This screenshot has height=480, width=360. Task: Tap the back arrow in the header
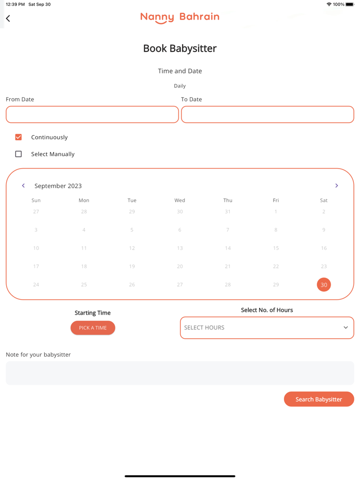tap(8, 19)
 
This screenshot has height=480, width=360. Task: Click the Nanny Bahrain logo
tap(179, 17)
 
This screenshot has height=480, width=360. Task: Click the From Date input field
tap(92, 115)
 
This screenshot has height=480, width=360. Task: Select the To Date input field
tap(267, 115)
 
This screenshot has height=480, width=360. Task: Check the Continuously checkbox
tap(19, 137)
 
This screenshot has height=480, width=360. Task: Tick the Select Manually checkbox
tap(19, 154)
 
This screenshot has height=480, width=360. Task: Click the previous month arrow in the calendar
tap(23, 186)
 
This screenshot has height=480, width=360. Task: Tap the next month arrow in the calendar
tap(336, 186)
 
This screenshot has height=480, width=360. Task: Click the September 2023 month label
tap(58, 186)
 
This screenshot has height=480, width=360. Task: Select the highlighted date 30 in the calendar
tap(323, 285)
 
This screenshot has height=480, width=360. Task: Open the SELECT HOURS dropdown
tap(267, 328)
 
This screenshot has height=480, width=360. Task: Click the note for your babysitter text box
tap(179, 373)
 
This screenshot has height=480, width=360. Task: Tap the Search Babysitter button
tap(319, 399)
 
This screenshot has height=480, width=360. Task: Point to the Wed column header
tap(179, 200)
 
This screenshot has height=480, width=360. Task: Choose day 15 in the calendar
tap(276, 248)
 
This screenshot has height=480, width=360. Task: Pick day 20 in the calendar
tap(179, 266)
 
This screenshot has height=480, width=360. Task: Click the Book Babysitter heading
tap(179, 48)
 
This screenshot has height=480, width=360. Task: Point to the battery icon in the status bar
tap(350, 4)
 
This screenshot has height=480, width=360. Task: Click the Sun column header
tap(36, 200)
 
